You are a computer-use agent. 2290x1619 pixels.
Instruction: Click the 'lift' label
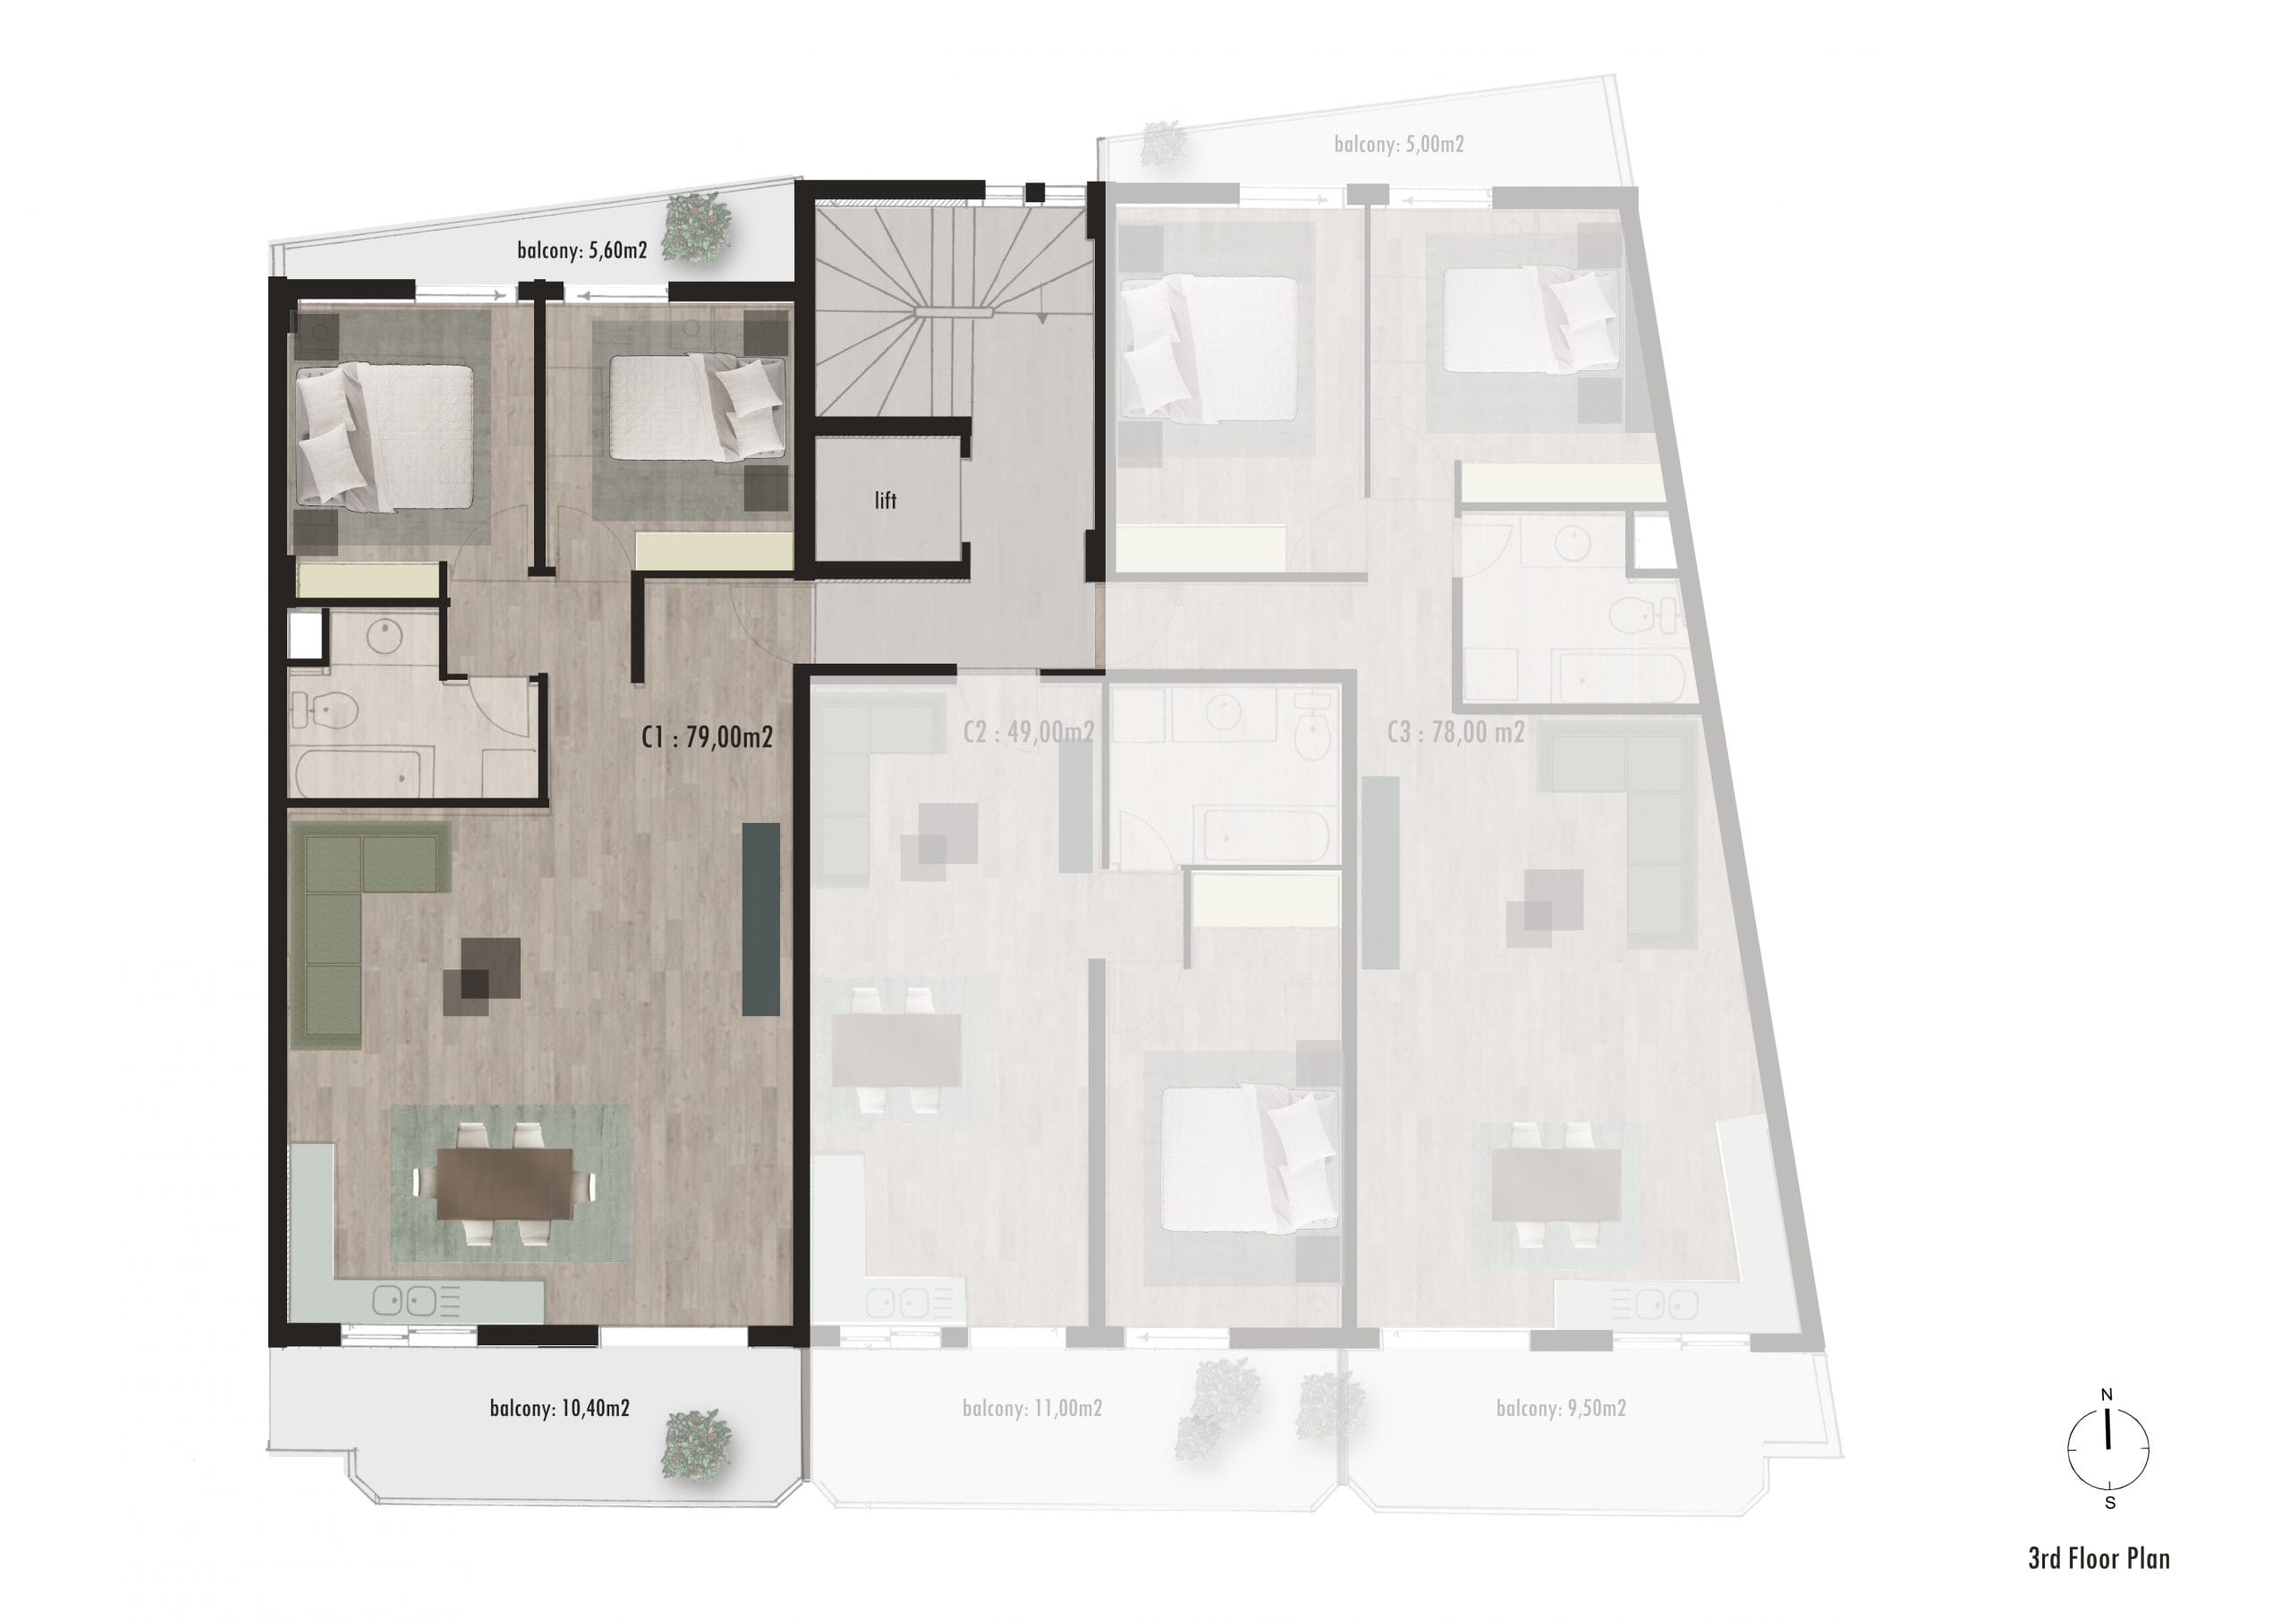pyautogui.click(x=886, y=501)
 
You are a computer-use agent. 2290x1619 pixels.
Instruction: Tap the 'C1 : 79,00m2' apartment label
pyautogui.click(x=708, y=738)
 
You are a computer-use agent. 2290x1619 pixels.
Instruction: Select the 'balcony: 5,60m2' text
pyautogui.click(x=581, y=250)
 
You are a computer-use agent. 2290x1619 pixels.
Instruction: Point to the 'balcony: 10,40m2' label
pyautogui.click(x=560, y=1409)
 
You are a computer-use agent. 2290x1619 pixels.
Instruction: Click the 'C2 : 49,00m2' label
pyautogui.click(x=1029, y=733)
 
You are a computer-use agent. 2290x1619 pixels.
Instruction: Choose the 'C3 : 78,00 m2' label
pyautogui.click(x=1455, y=733)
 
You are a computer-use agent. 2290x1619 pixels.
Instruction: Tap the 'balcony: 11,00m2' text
pyautogui.click(x=1032, y=1409)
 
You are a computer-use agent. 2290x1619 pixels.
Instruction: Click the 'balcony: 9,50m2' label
pyautogui.click(x=1561, y=1409)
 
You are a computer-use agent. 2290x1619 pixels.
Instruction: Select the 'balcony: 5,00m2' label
pyautogui.click(x=1399, y=145)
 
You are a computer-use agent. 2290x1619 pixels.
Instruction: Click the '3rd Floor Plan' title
pyautogui.click(x=2099, y=1558)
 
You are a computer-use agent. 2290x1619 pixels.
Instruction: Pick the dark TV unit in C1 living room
pyautogui.click(x=761, y=919)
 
